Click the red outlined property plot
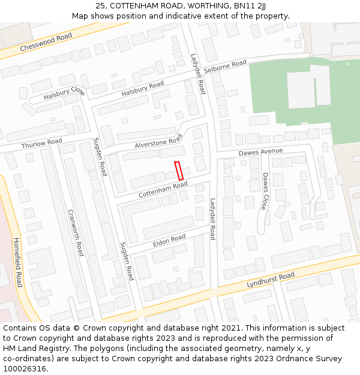(179, 171)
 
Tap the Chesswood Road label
(46, 42)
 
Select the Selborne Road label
(225, 67)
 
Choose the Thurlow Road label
(41, 144)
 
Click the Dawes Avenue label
(260, 152)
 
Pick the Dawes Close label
(265, 191)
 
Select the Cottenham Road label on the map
(163, 190)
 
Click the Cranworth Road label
(75, 232)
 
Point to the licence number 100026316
(24, 368)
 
